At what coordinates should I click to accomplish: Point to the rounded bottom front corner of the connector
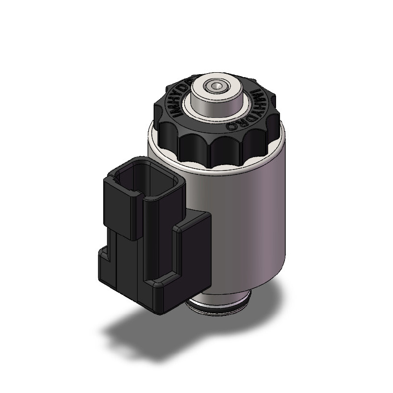pyautogui.click(x=160, y=305)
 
